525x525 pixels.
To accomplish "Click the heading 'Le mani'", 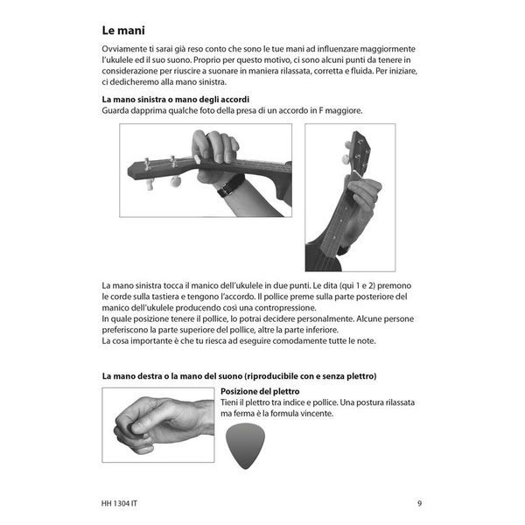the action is [x=123, y=31].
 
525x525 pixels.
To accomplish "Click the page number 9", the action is [x=419, y=503].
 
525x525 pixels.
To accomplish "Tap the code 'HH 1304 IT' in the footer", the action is [x=119, y=503].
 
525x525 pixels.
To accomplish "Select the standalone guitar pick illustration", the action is [x=245, y=446].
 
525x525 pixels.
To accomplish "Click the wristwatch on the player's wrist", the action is [x=231, y=185].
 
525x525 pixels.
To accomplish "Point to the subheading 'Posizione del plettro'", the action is [x=260, y=391].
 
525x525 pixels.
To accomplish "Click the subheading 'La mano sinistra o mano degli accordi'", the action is [x=176, y=100].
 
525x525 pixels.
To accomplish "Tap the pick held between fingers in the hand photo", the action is [x=129, y=428].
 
